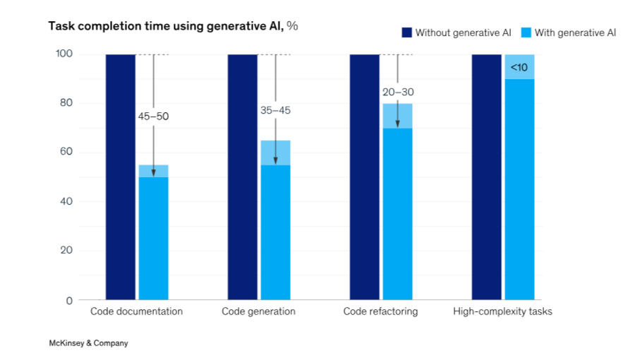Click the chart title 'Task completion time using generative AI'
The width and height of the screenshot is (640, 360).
166,26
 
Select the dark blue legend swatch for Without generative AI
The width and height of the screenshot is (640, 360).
406,32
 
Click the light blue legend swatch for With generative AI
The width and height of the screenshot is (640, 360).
526,32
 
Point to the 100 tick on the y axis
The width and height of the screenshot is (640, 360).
64,54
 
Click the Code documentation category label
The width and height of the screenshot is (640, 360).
136,311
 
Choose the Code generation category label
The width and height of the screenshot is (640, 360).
258,311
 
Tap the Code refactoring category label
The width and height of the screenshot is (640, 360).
380,311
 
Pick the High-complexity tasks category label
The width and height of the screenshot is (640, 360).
502,311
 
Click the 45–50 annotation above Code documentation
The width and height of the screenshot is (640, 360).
153,116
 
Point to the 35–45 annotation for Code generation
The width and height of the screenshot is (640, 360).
275,110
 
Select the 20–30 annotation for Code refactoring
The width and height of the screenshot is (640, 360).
397,92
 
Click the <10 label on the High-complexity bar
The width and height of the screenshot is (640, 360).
519,68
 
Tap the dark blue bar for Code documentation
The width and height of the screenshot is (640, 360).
121,176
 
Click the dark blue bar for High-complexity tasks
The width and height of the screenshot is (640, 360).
486,176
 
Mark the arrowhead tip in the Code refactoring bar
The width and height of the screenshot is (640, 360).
397,127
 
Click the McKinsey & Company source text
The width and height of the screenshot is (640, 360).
88,343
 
